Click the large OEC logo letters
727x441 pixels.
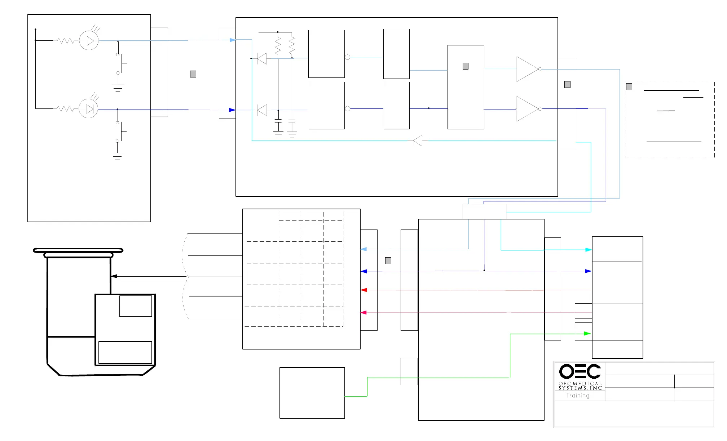(x=580, y=371)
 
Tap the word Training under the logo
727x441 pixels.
(x=578, y=396)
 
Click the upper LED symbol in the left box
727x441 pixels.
(x=89, y=41)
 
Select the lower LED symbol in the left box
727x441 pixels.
(x=89, y=109)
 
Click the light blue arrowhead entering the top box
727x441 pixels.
(x=233, y=40)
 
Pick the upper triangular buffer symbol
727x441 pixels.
(x=527, y=69)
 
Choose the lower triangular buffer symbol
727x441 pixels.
(x=527, y=109)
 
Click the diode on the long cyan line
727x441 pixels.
(x=418, y=141)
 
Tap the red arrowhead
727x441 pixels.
(x=364, y=290)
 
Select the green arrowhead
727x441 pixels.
(x=587, y=334)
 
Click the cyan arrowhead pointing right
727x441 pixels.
(x=588, y=250)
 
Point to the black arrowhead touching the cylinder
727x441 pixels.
(x=114, y=276)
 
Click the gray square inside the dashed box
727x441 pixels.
(x=629, y=87)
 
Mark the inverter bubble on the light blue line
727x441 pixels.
(x=348, y=57)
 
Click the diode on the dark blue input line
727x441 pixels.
(x=262, y=110)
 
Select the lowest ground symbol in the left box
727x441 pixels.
(x=117, y=156)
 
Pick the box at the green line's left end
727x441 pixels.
(x=312, y=393)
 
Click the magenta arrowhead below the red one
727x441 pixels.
(x=364, y=313)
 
